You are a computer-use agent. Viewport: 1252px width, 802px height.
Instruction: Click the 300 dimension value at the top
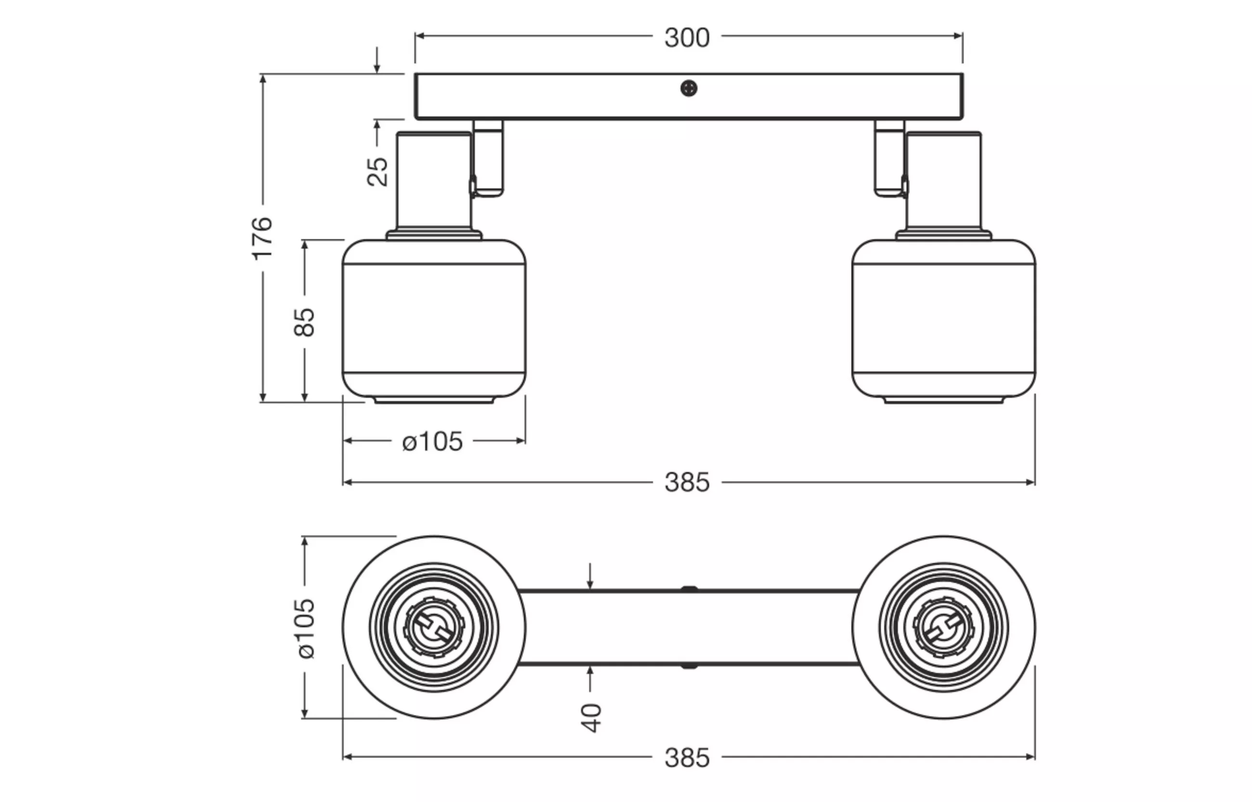tap(687, 38)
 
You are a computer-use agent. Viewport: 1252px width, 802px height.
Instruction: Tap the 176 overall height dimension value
tap(262, 238)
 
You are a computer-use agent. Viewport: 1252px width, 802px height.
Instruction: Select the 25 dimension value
tap(378, 171)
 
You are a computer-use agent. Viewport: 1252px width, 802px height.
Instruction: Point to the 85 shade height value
tap(305, 323)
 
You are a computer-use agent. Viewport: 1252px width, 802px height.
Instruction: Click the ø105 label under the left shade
tap(432, 441)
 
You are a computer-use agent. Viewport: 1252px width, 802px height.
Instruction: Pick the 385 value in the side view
tap(687, 483)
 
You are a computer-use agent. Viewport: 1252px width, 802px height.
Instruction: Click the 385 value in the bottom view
tap(687, 758)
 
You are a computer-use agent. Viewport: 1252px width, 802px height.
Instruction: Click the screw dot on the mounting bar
tap(689, 88)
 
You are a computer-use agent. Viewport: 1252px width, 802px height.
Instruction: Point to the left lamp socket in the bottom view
tap(434, 628)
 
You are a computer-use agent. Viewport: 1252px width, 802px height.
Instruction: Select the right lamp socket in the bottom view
tap(944, 628)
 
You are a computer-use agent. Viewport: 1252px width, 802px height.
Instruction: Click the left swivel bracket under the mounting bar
tap(488, 158)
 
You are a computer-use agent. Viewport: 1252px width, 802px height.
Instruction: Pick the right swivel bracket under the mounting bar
tap(890, 158)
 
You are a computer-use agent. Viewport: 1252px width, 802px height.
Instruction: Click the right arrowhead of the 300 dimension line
tap(958, 36)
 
